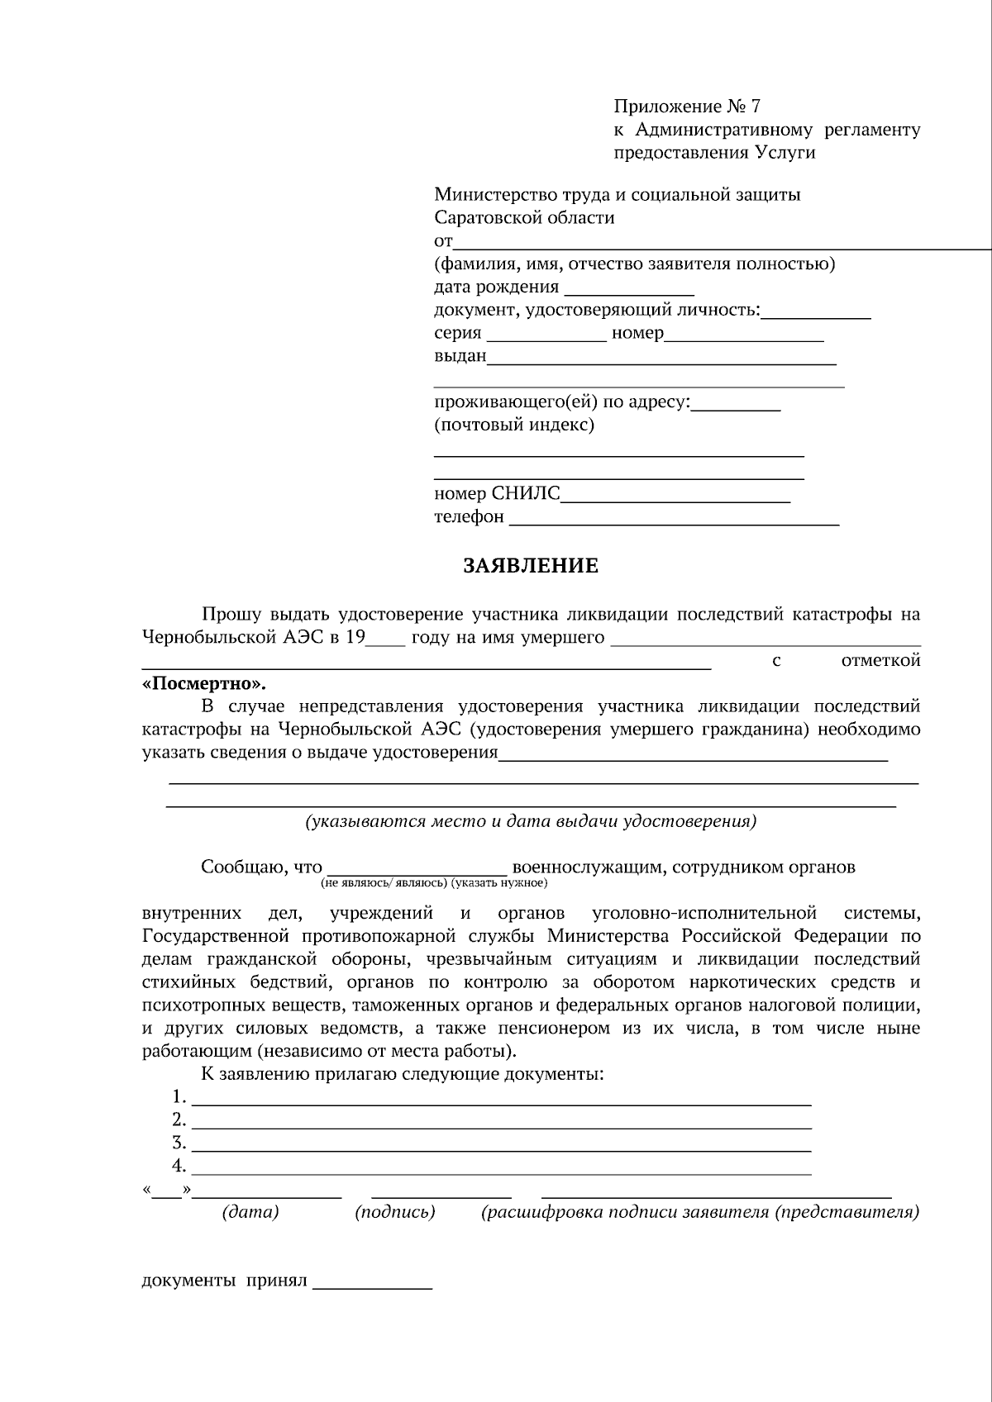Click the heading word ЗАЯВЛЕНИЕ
tap(530, 567)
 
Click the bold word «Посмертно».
tap(204, 684)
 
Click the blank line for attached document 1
tap(501, 1100)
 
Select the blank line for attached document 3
tap(501, 1146)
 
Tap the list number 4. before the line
tap(179, 1167)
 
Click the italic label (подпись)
tap(395, 1213)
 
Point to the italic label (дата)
tap(250, 1213)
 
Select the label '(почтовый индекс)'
tap(514, 425)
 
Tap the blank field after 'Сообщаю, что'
tap(417, 868)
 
